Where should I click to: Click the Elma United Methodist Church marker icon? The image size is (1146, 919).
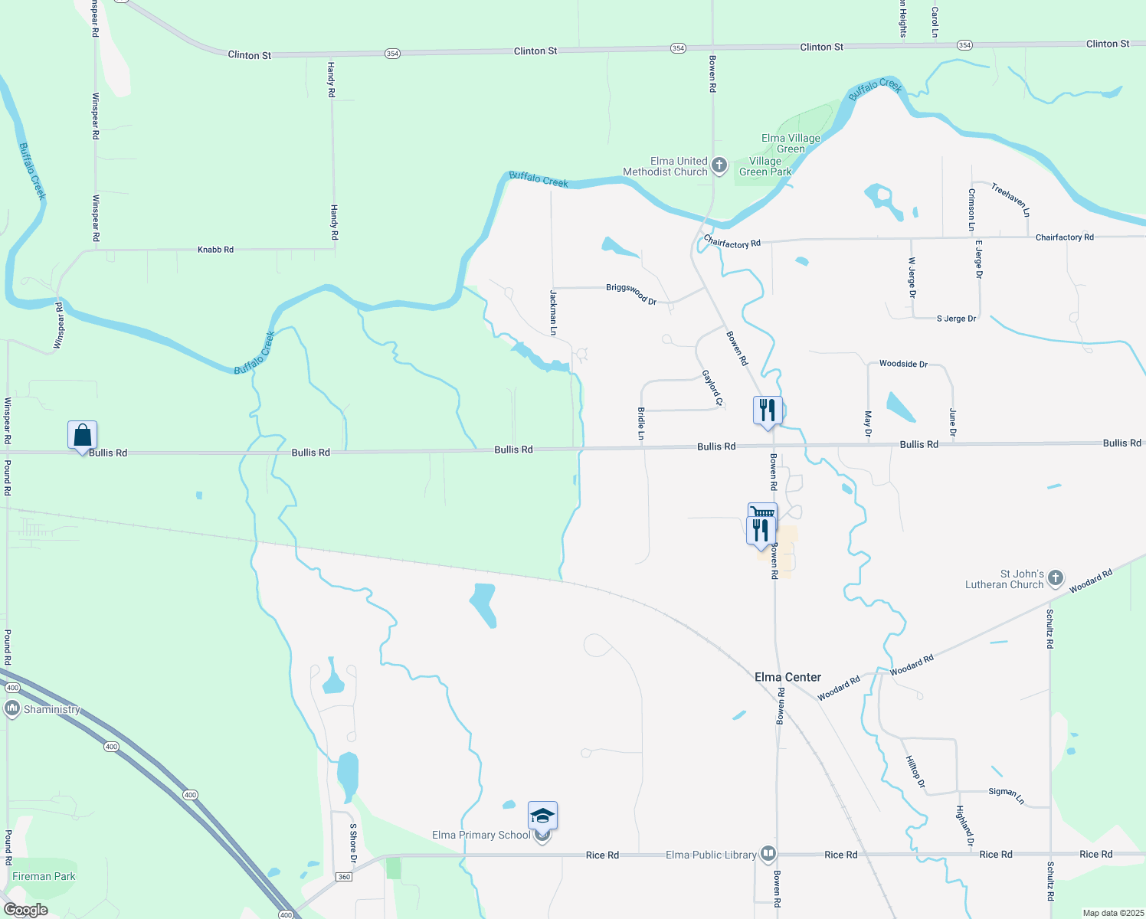(719, 165)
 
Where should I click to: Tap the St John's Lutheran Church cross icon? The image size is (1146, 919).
(1056, 578)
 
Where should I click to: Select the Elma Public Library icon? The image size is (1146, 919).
(768, 854)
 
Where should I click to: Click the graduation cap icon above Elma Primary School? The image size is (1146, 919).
(542, 816)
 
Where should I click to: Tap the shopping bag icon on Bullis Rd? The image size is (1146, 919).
(82, 436)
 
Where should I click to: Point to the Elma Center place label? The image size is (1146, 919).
(787, 677)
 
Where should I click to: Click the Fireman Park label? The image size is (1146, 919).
(44, 876)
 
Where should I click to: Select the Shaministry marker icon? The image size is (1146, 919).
(11, 708)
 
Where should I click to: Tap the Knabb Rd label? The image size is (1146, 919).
(215, 250)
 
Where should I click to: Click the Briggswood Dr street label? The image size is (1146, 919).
(631, 294)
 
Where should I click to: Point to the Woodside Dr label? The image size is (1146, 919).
(903, 364)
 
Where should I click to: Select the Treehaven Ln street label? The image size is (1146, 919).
(1010, 199)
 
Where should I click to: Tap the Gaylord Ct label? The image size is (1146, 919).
(712, 388)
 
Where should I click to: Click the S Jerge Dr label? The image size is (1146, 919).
(956, 319)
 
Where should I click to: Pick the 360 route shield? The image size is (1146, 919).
(344, 877)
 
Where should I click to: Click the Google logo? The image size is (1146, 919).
(25, 910)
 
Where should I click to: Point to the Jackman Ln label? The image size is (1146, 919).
(553, 312)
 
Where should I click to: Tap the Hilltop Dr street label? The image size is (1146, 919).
(915, 771)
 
